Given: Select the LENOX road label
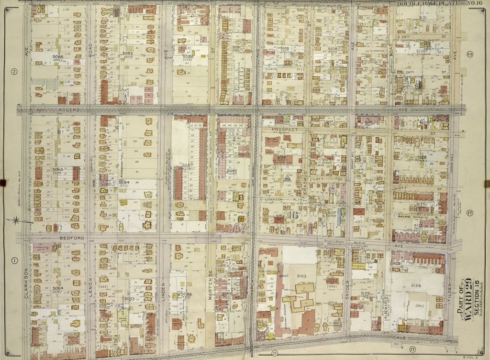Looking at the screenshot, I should tap(90, 282).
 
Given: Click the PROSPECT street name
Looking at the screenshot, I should tap(283, 130).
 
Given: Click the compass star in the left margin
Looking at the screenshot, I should tap(16, 220).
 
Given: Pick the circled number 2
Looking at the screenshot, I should tap(14, 72).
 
